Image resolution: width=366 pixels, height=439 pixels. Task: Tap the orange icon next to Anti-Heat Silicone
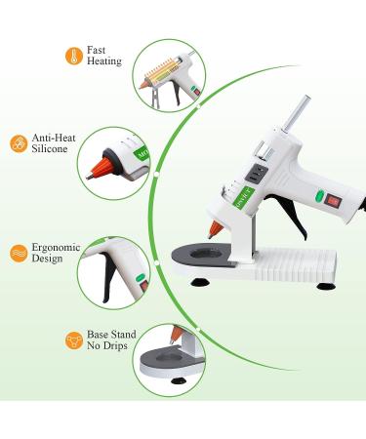tap(18, 143)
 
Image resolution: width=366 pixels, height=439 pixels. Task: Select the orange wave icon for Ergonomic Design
tap(18, 252)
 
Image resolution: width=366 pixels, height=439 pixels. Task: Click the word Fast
tap(97, 49)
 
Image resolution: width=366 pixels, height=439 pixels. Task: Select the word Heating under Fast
tap(104, 61)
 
